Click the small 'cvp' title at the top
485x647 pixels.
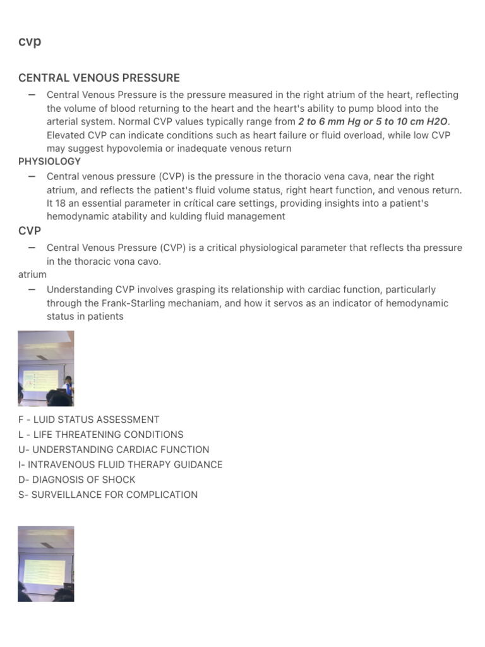(30, 42)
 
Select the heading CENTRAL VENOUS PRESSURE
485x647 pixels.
(99, 78)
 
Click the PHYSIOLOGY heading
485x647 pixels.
(50, 162)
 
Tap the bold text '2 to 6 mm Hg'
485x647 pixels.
(327, 121)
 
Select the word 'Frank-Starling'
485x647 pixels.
(133, 303)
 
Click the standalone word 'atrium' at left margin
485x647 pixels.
(32, 275)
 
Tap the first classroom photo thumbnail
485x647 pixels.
(45, 368)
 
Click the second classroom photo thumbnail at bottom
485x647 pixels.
(45, 564)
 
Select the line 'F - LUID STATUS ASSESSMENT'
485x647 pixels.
(89, 420)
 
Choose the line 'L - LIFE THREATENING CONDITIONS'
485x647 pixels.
(101, 435)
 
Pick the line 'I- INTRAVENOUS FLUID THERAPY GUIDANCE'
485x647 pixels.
(121, 465)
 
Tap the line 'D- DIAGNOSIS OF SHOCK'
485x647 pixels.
(77, 480)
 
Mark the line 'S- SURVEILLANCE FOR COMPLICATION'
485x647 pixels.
(108, 495)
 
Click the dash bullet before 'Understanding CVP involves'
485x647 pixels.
(32, 289)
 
